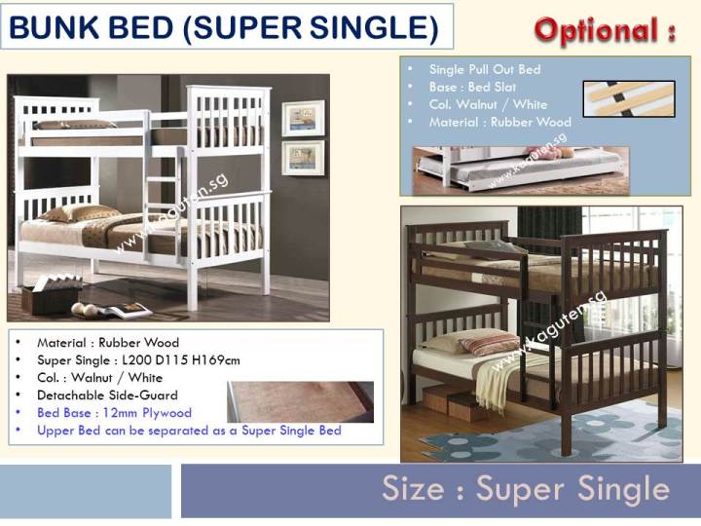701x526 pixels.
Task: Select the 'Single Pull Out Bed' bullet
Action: [484, 69]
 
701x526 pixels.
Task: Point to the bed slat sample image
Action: [628, 98]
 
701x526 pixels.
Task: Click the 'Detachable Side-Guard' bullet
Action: [107, 395]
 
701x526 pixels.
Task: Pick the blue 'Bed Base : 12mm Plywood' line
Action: [114, 413]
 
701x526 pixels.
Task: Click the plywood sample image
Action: [300, 400]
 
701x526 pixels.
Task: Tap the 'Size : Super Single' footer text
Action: [525, 488]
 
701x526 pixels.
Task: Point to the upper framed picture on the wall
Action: [303, 118]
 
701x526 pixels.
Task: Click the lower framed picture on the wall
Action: [303, 157]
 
